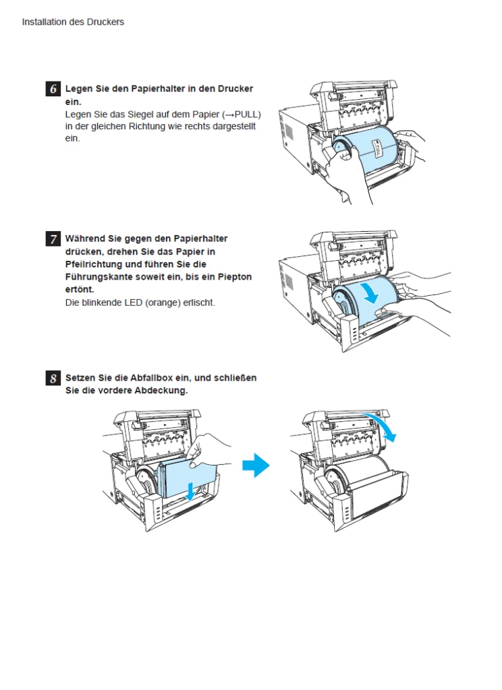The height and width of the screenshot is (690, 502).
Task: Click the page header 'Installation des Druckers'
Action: tap(73, 22)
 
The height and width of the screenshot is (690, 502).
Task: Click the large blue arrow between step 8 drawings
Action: tap(256, 465)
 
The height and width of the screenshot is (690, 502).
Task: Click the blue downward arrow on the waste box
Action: tap(192, 491)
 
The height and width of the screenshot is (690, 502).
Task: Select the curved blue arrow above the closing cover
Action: tap(382, 426)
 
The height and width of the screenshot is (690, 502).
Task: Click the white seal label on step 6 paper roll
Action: tap(375, 148)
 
